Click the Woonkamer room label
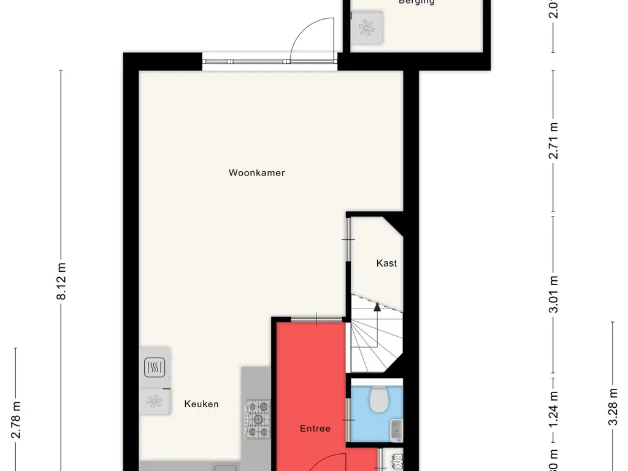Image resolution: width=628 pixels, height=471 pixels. [x=256, y=173]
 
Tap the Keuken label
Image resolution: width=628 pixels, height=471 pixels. [x=201, y=404]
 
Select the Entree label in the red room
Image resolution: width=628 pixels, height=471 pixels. [x=315, y=429]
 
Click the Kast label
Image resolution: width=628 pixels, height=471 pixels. [x=386, y=263]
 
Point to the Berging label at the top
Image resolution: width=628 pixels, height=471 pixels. [x=416, y=2]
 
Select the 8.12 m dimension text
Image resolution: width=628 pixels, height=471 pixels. [x=61, y=281]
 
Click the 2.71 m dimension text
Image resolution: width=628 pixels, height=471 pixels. [x=554, y=141]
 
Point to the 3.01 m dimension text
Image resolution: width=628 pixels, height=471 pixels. [x=554, y=294]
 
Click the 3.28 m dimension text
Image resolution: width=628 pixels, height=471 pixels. [x=612, y=407]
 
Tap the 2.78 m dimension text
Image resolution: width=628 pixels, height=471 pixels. [x=17, y=419]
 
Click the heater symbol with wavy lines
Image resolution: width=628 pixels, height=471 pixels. [x=154, y=367]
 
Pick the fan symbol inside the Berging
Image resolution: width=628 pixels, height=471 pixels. [x=368, y=28]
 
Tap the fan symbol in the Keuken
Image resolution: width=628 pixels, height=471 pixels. [x=154, y=402]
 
